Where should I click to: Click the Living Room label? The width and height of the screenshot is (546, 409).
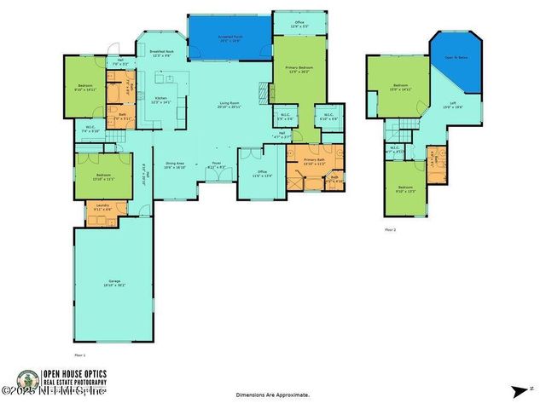tap(229, 105)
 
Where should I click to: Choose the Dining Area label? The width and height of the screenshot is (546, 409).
tap(175, 166)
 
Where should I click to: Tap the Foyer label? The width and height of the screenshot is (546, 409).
tap(217, 165)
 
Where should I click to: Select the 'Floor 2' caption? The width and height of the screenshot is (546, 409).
tap(391, 230)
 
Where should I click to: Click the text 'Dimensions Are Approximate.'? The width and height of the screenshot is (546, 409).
tap(273, 395)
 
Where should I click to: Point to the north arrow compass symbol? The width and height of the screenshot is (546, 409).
tap(519, 391)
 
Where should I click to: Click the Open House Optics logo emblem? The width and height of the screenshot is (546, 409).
tap(28, 381)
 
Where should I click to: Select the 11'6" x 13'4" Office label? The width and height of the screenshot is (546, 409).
tap(258, 174)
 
